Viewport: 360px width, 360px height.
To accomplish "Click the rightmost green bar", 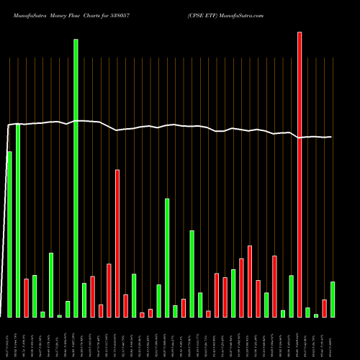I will [333, 299].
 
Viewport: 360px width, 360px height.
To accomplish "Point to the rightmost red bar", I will [324, 308].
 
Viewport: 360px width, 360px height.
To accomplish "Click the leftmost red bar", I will [26, 297].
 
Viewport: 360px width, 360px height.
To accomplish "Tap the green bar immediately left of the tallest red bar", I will [291, 296].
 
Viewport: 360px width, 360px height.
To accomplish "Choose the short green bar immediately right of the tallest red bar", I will [307, 312].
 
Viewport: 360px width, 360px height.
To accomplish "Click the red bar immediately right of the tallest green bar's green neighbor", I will [92, 296].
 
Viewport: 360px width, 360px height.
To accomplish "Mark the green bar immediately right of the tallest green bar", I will [84, 300].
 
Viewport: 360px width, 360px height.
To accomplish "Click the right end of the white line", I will [332, 137].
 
